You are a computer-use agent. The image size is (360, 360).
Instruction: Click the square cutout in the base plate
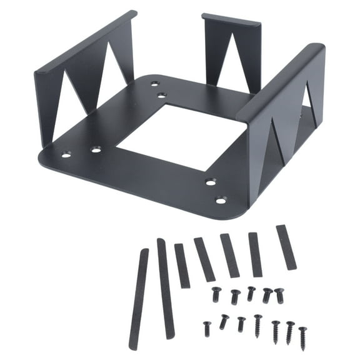click(181, 136)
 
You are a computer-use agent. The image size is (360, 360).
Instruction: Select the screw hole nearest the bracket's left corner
click(66, 154)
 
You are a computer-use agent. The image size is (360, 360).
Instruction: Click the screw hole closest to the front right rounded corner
click(221, 201)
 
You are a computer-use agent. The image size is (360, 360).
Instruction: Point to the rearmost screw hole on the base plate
click(154, 82)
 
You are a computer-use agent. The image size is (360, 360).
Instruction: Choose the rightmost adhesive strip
click(286, 247)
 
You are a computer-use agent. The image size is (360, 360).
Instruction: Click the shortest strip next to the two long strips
click(182, 266)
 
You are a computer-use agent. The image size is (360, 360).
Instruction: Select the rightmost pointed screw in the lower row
click(302, 337)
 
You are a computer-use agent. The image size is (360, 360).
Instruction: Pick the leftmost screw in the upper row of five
click(217, 294)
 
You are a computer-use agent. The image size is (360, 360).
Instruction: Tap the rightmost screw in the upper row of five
click(279, 294)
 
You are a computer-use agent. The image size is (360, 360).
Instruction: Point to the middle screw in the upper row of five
click(251, 292)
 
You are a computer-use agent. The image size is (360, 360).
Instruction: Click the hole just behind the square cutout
click(162, 96)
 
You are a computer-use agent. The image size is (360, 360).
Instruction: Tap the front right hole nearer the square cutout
click(211, 182)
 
